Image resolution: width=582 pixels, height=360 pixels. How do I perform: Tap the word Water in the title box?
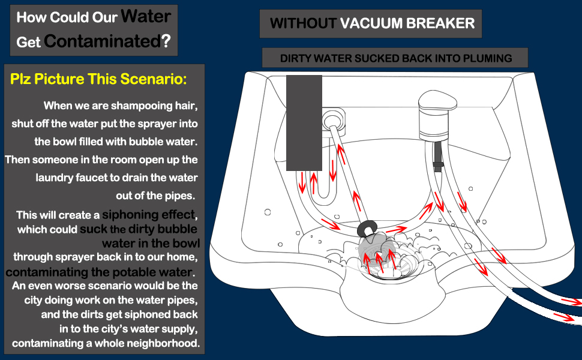(146, 16)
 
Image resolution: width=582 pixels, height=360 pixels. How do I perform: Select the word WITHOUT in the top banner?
(302, 23)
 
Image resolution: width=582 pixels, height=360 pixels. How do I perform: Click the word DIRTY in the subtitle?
(298, 58)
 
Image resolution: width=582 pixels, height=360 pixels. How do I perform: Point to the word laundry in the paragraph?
(58, 178)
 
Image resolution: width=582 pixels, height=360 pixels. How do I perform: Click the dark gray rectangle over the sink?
(304, 122)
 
